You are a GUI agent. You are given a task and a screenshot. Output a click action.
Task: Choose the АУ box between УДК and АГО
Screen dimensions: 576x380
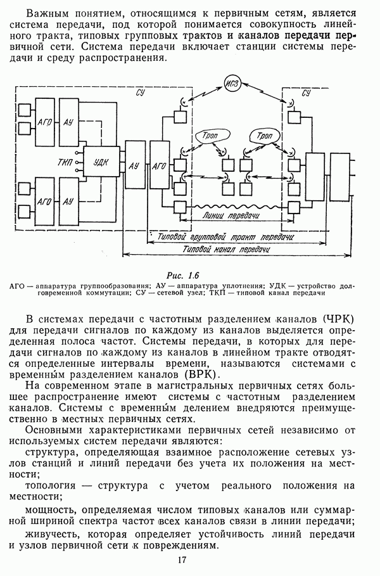[x=134, y=165]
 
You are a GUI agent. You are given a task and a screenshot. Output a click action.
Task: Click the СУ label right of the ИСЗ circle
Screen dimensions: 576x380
[x=306, y=94]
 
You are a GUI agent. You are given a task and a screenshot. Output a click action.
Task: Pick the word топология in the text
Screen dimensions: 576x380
[x=51, y=486]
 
